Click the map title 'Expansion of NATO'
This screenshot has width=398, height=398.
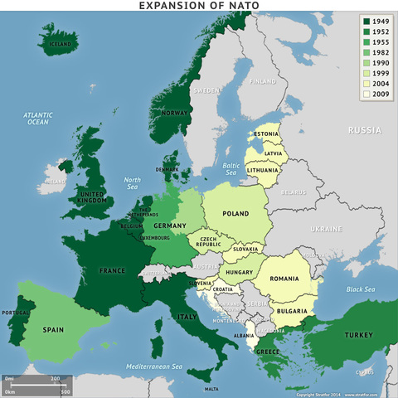tap(199, 6)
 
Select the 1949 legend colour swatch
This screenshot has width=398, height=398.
tap(367, 21)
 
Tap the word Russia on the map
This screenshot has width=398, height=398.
tap(364, 130)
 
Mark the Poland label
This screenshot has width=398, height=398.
tap(235, 213)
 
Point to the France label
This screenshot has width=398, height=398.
tap(111, 270)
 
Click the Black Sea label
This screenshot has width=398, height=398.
tap(362, 289)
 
